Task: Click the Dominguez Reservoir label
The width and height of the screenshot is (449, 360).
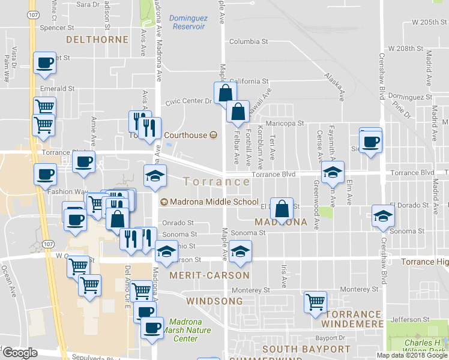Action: pos(188,22)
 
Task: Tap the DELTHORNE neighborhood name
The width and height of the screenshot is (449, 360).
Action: pos(97,40)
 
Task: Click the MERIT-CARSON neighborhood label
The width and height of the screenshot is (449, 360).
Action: pos(209,275)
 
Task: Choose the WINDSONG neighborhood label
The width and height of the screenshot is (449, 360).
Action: pos(217,301)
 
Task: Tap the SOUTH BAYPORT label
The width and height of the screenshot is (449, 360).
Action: pos(306,349)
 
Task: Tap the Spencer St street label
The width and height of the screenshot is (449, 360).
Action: pos(56,28)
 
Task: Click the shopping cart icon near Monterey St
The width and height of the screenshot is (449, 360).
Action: pos(315,301)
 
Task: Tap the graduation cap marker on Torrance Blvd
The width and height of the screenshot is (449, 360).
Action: pos(333,172)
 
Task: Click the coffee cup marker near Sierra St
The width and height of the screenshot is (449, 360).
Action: pos(370,142)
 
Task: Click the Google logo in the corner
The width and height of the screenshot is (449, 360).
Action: pos(20,353)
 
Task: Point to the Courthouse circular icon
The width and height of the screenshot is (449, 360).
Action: pos(213,135)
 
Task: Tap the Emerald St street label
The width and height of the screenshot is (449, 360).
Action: pos(57,88)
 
